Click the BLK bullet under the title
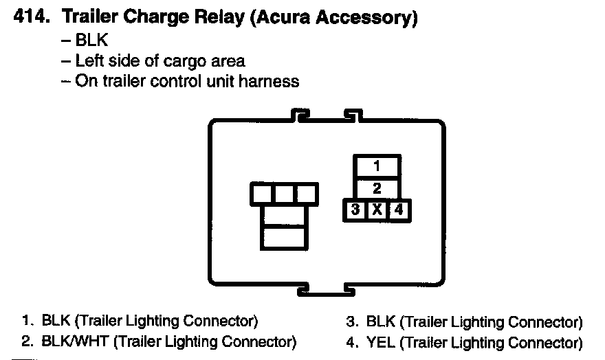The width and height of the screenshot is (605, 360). (93, 41)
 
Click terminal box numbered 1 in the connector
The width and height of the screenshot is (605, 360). (377, 166)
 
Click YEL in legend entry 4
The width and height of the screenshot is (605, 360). (382, 342)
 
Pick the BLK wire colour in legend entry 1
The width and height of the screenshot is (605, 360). (56, 321)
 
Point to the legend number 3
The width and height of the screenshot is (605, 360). (351, 322)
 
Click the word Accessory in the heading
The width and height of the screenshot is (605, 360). (371, 19)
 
